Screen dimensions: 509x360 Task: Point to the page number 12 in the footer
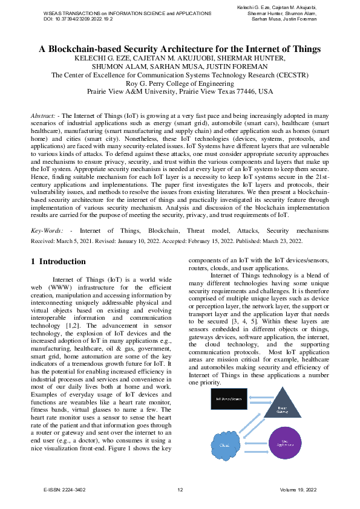pos(180,490)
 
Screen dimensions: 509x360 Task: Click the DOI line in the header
pos(79,19)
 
